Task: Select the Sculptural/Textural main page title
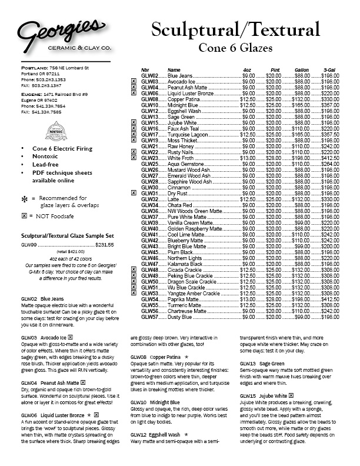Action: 235,29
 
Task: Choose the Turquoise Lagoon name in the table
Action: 189,136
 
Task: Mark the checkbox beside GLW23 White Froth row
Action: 134,158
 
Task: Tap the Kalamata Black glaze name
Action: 186,265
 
